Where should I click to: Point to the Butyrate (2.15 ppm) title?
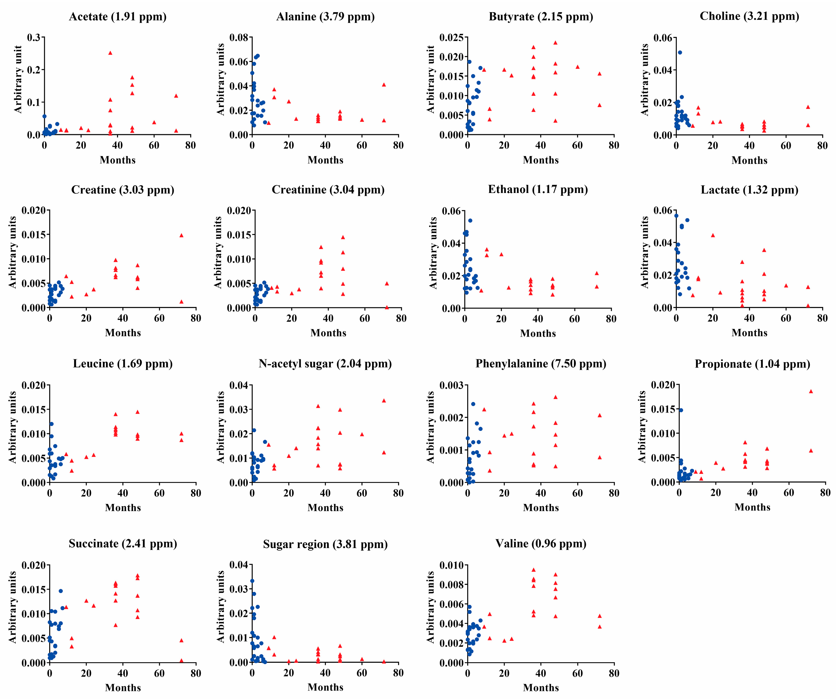tap(541, 17)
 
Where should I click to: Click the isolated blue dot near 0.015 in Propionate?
tap(681, 410)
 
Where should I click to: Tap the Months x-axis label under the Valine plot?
tap(541, 688)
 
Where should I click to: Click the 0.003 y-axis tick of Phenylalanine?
tap(451, 385)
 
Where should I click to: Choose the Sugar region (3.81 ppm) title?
tap(325, 544)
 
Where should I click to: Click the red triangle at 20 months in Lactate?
tap(713, 235)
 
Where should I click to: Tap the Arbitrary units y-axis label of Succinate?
tap(13, 607)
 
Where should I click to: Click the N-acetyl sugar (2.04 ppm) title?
tap(325, 364)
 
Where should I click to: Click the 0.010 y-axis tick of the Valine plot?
tap(451, 565)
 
